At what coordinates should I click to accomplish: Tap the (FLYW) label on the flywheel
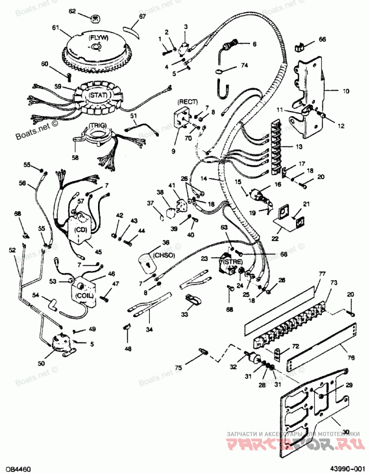(97, 38)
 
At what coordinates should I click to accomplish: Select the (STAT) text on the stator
(98, 95)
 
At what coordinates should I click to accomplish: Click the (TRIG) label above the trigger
(98, 125)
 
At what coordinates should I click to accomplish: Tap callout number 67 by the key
(142, 17)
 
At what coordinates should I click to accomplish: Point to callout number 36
(166, 242)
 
